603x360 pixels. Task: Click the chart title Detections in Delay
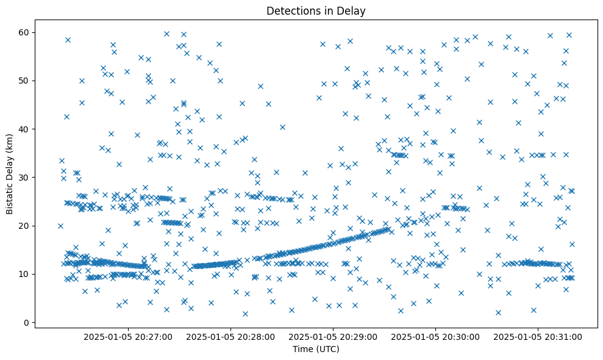pyautogui.click(x=316, y=10)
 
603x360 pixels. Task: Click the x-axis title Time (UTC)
pyautogui.click(x=316, y=349)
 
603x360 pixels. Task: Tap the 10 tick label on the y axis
pyautogui.click(x=23, y=274)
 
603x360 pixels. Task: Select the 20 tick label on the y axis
pyautogui.click(x=23, y=226)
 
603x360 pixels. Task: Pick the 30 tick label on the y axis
pyautogui.click(x=23, y=177)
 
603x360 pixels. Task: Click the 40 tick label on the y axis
pyautogui.click(x=23, y=129)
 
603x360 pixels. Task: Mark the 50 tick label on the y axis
pyautogui.click(x=23, y=81)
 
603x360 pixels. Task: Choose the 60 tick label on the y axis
pyautogui.click(x=23, y=32)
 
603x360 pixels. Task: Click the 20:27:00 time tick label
pyautogui.click(x=129, y=336)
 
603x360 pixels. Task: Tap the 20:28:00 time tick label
pyautogui.click(x=231, y=336)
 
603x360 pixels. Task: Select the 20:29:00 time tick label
pyautogui.click(x=334, y=336)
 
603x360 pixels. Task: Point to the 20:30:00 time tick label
pyautogui.click(x=436, y=336)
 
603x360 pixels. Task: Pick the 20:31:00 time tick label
pyautogui.click(x=538, y=336)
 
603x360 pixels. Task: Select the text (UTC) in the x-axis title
pyautogui.click(x=328, y=349)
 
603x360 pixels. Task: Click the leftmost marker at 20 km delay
pyautogui.click(x=60, y=226)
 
